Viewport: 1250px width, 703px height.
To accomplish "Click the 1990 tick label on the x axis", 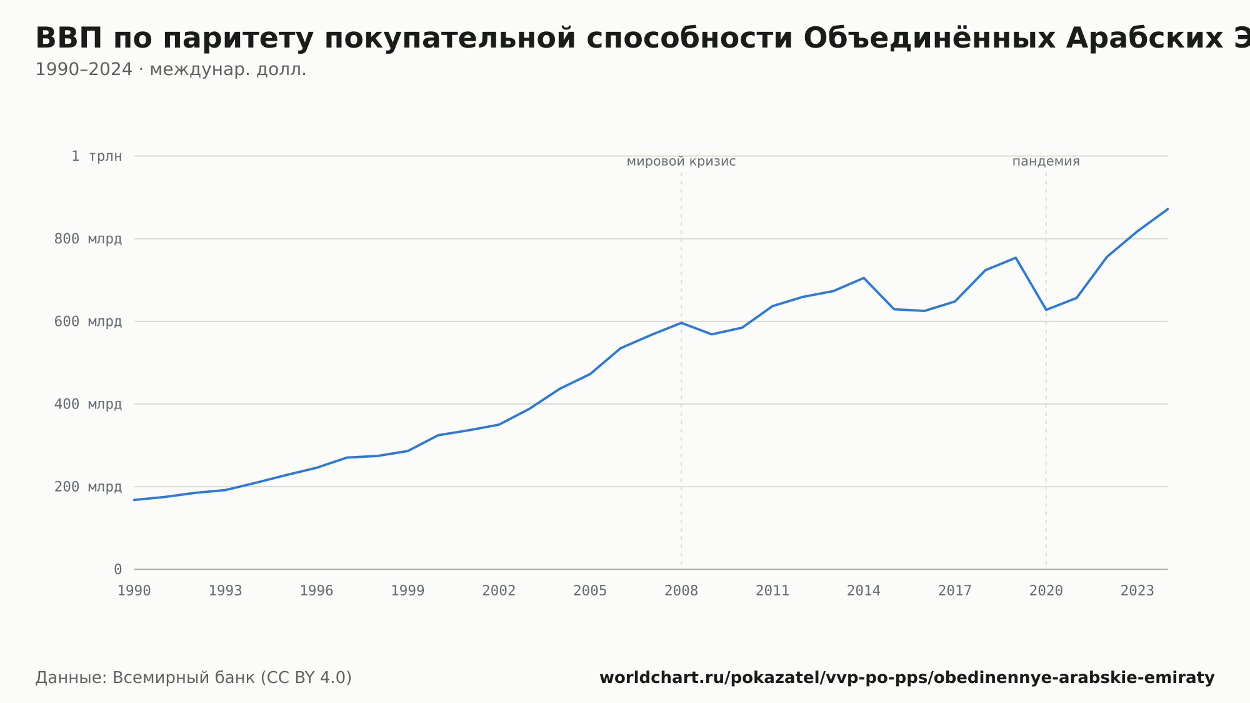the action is pos(134,591).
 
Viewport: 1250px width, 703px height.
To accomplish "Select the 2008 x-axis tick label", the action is pos(681,591).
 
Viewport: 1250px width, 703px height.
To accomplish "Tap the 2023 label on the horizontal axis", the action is pos(1137,591).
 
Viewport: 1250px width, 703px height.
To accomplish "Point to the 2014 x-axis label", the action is pos(864,591).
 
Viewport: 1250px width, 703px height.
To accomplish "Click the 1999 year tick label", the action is pos(407,591).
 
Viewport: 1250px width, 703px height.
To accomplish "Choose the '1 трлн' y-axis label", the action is pos(97,156).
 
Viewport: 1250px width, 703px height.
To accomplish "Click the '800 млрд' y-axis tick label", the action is pos(88,239).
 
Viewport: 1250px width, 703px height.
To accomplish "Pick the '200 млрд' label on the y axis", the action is pos(88,487).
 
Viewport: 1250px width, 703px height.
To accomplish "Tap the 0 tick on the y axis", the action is pos(118,569).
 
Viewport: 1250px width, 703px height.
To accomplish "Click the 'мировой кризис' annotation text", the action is pos(681,162).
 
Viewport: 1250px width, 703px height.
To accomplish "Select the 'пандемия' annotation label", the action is pos(1046,162).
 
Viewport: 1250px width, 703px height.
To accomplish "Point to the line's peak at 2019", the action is pos(1016,258).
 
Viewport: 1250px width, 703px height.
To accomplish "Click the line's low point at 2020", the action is pos(1046,310).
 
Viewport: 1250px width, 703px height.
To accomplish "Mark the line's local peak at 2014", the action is pos(864,278).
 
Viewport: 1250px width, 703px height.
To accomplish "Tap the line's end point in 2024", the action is pos(1167,209).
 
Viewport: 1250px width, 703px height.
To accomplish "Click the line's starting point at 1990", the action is pos(134,500).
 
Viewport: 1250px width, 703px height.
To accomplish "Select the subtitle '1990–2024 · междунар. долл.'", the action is pos(171,69).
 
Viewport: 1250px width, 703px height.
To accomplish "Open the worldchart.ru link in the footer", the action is pos(907,678).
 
